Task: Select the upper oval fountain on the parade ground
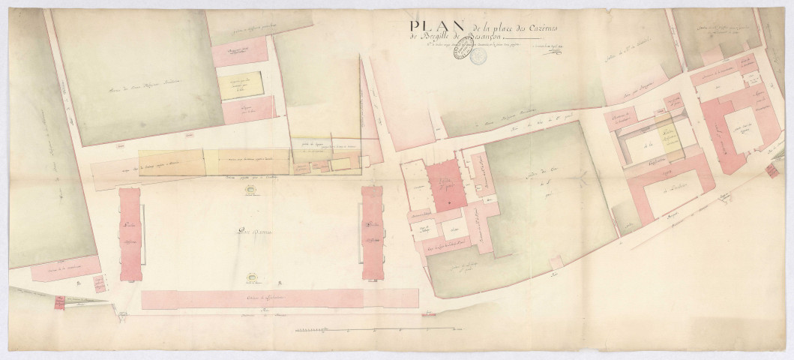tap(249, 193)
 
